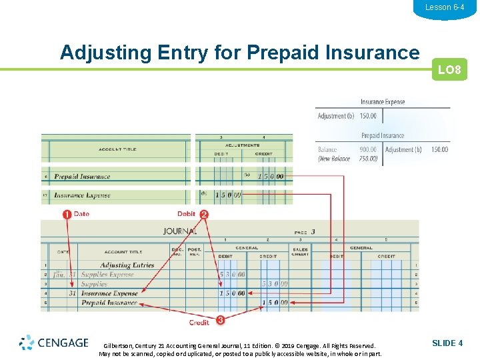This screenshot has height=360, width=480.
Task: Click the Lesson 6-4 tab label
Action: point(444,7)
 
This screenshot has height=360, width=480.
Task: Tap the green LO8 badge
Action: point(449,70)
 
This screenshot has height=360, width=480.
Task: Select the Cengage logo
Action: point(54,343)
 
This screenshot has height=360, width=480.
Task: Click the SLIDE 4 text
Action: point(447,343)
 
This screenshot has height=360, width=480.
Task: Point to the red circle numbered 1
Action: point(67,214)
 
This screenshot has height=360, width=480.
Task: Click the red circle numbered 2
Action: point(204,214)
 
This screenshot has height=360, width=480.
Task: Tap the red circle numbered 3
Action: point(219,320)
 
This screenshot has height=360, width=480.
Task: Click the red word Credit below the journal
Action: point(199,323)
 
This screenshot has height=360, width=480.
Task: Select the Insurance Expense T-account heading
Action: point(383,102)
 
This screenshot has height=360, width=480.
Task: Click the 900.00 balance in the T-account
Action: point(368,150)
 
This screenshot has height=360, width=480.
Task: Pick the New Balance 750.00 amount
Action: point(368,159)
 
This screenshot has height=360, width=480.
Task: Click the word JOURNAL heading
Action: point(180,231)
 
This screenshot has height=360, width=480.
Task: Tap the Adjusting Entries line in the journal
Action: point(127,265)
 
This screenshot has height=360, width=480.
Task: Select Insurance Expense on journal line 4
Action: point(109,293)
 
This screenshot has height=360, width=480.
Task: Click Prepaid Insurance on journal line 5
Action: point(109,303)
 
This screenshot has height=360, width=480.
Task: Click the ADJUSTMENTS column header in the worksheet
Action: point(243,145)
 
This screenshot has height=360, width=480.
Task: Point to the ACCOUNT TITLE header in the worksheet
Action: point(117,149)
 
